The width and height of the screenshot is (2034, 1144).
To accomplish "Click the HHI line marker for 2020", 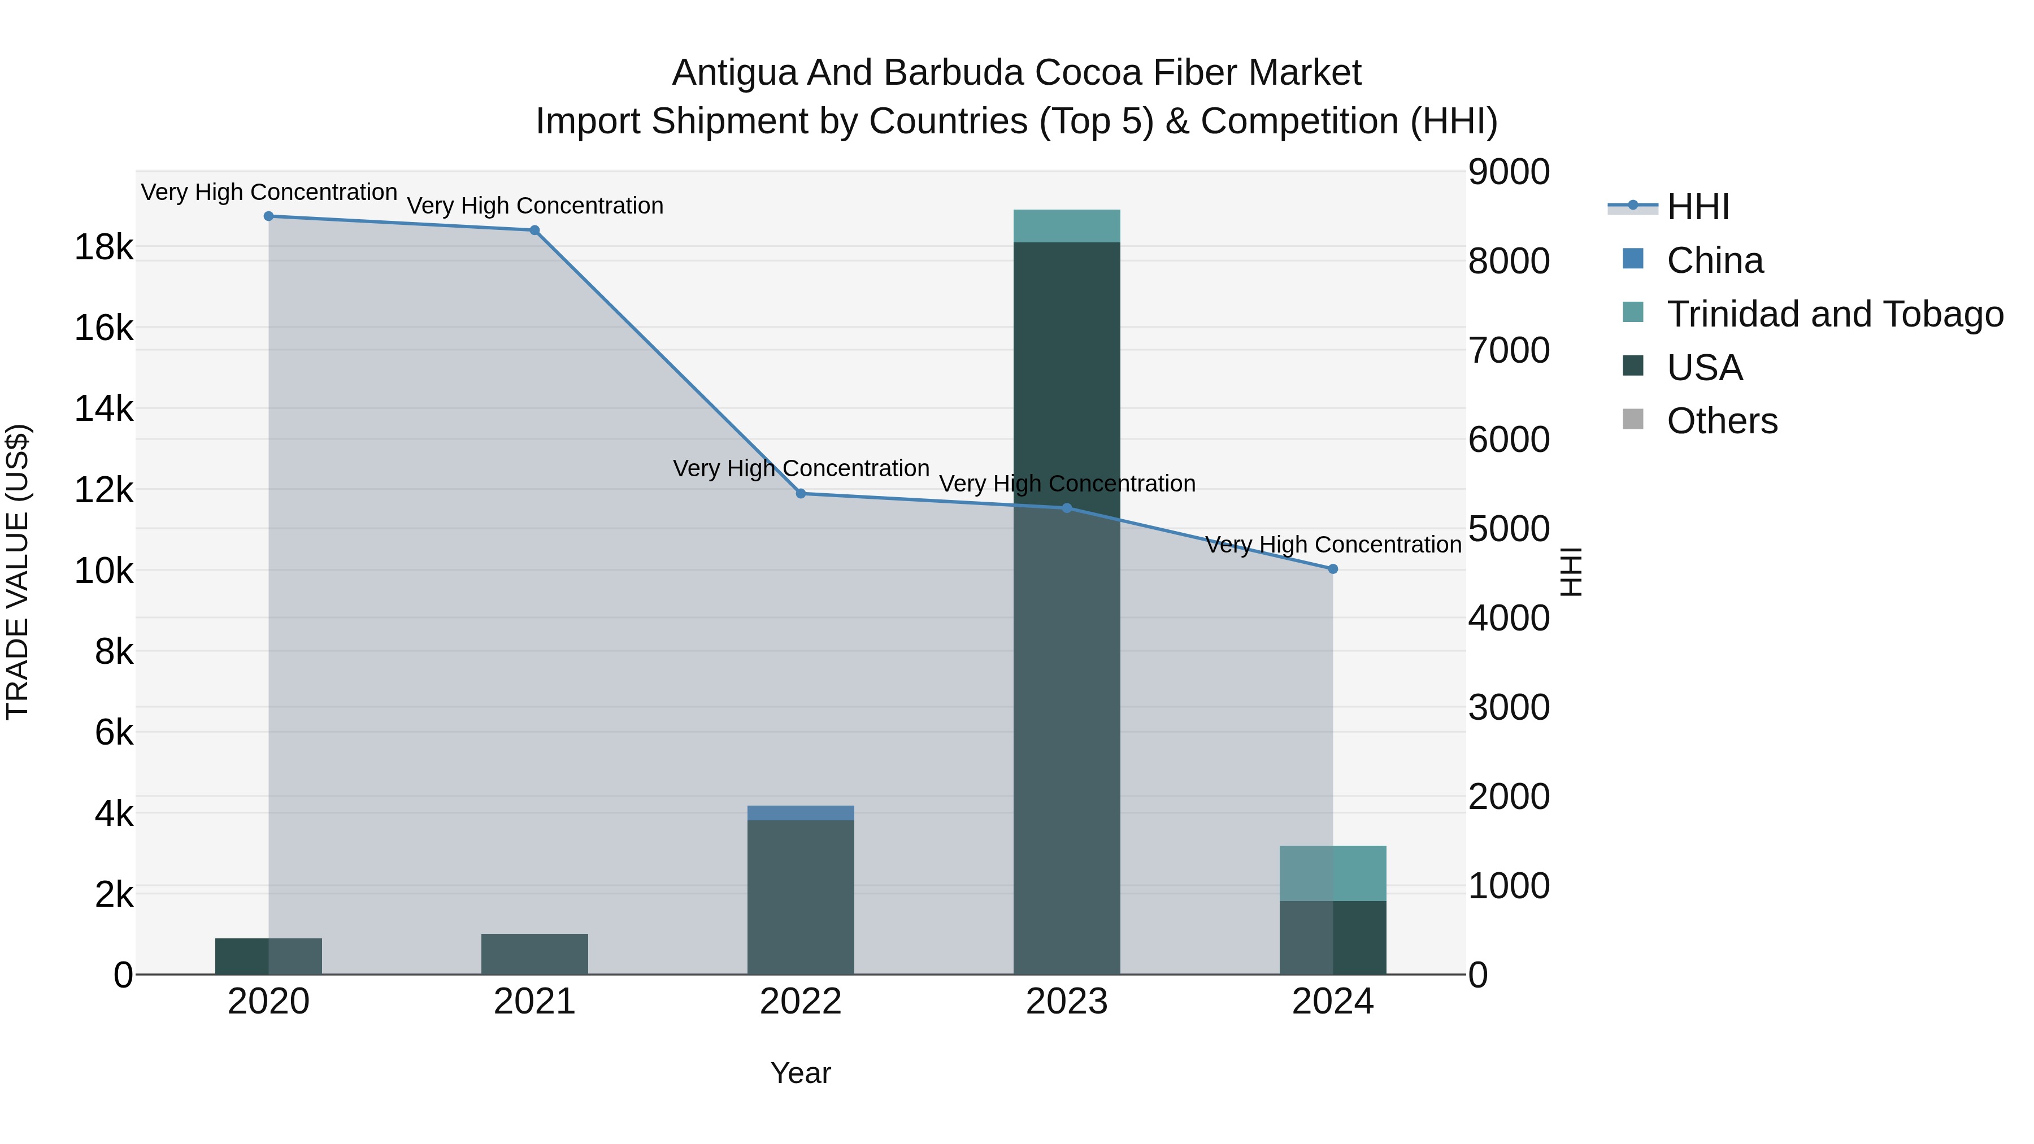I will (x=268, y=216).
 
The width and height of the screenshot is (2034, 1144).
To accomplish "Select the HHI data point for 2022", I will (x=801, y=493).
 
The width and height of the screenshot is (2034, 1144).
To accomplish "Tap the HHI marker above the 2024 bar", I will (x=1333, y=568).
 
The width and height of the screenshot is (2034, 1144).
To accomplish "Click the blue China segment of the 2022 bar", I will (x=801, y=813).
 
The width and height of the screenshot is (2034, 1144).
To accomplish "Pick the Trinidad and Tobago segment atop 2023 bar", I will (x=1067, y=226).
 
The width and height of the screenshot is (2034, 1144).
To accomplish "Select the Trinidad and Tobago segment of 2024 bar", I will (x=1333, y=873).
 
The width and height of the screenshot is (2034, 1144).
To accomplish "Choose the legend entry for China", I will (x=1714, y=260).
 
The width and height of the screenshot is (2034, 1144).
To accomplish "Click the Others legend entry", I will (x=1722, y=421).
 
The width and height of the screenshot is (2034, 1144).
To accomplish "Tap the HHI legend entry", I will (x=1698, y=207).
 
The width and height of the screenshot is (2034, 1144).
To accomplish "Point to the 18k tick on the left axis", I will (x=103, y=247).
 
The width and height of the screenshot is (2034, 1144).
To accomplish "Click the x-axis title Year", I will (x=801, y=1073).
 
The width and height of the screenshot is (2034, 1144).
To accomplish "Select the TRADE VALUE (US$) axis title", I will (x=18, y=572).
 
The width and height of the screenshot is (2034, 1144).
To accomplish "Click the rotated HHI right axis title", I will (x=1572, y=572).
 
